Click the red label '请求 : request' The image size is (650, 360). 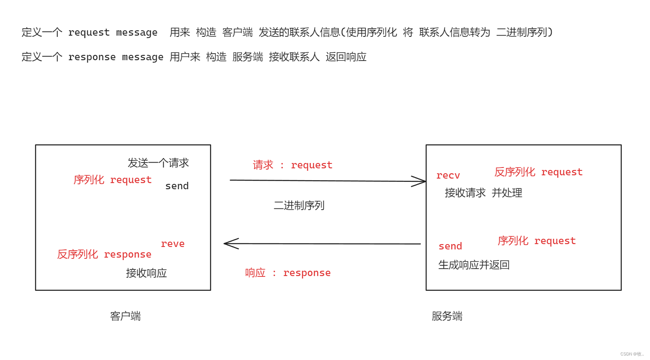pos(293,165)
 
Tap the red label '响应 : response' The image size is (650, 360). pos(288,273)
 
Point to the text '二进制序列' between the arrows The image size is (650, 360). pos(299,205)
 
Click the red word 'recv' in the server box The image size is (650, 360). pos(448,176)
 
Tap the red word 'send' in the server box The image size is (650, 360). pos(450,246)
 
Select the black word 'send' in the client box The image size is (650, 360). pos(177,186)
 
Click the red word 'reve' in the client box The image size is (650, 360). pos(173,244)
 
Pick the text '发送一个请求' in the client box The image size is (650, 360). pos(158,163)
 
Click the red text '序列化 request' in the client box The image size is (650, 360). pos(113,180)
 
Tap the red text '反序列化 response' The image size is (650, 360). pos(104,254)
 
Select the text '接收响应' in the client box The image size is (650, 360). pos(146,273)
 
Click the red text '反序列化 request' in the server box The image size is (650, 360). pos(538,172)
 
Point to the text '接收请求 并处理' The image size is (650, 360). pos(483,193)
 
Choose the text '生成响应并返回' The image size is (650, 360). pos(474,265)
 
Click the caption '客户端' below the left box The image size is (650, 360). pos(125,316)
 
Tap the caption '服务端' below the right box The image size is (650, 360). pos(447,316)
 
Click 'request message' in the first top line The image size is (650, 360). pos(113,32)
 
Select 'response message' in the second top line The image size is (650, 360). pos(116,57)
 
